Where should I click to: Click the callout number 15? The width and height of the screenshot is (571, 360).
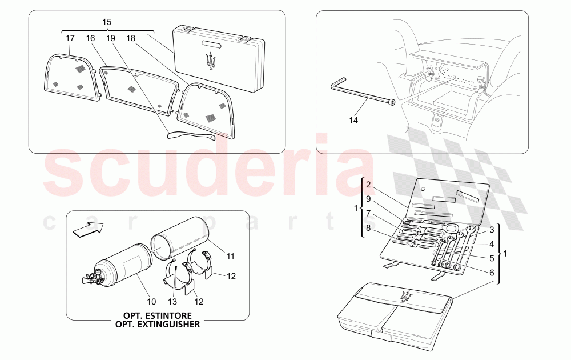pos(107,22)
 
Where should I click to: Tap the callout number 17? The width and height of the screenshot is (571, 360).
pos(70,38)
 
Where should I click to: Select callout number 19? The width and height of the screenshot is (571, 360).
pos(111,38)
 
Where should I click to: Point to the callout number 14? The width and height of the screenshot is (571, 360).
pos(353,120)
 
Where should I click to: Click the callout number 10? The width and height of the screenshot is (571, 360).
pos(151,302)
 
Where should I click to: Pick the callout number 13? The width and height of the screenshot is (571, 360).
pos(172,302)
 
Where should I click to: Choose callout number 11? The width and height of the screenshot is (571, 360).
pos(231,257)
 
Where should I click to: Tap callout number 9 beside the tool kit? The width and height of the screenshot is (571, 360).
pos(368,199)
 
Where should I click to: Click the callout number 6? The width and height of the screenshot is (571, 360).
pos(492,273)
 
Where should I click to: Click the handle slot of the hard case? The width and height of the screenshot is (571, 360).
pos(212,44)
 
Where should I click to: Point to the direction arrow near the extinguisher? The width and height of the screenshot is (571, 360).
pos(88,230)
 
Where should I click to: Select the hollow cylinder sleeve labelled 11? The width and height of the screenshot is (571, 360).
pos(178,239)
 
